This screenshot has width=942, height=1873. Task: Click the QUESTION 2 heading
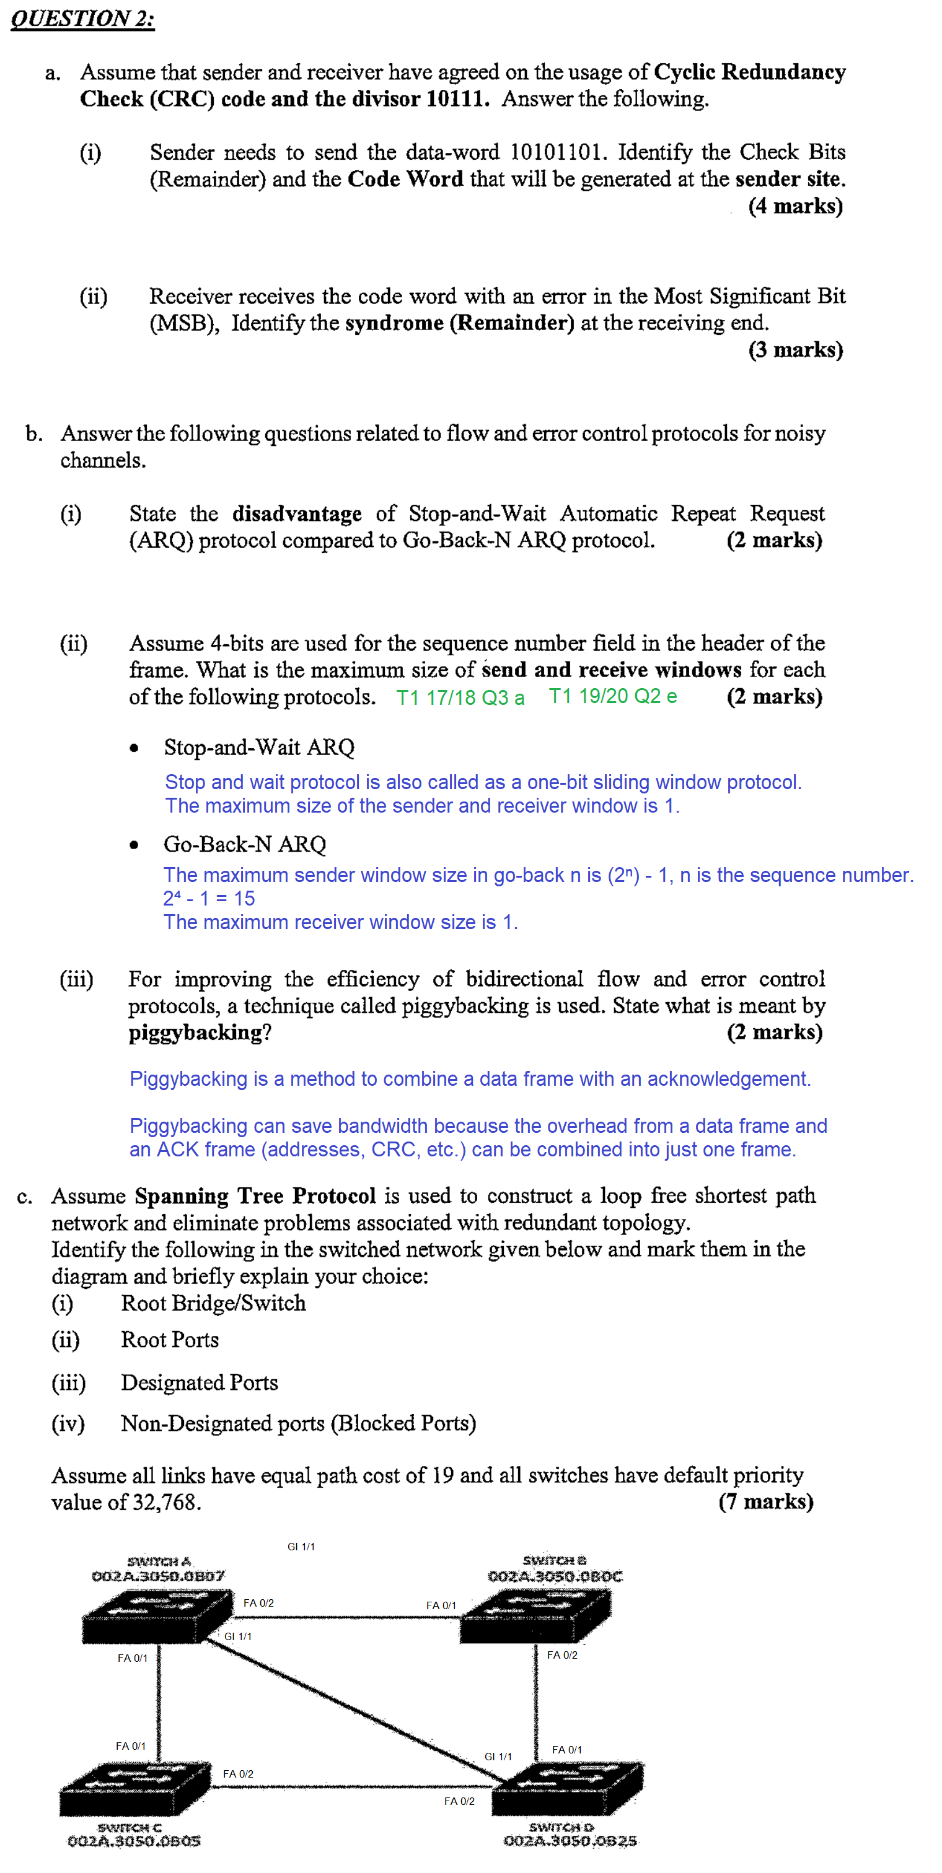pos(82,18)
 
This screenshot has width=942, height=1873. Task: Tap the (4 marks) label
pos(795,206)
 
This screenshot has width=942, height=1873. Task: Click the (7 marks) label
pos(765,1501)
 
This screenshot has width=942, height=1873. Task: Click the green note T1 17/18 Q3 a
pos(460,697)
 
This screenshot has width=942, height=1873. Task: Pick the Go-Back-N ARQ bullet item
pos(244,844)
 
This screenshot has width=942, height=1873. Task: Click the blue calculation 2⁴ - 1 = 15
pos(209,899)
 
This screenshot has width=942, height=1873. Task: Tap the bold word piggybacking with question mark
pos(200,1033)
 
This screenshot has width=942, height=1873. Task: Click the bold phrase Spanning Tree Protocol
pos(255,1196)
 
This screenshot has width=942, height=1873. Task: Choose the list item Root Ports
pos(169,1339)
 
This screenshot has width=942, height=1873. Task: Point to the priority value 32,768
pos(165,1502)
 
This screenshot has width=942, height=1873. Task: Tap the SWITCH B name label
pos(554,1560)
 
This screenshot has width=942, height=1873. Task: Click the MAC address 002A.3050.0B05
pos(134,1841)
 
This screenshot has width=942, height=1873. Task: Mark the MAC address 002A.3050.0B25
pos(570,1841)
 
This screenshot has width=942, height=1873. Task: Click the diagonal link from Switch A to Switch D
pos(356,1709)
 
